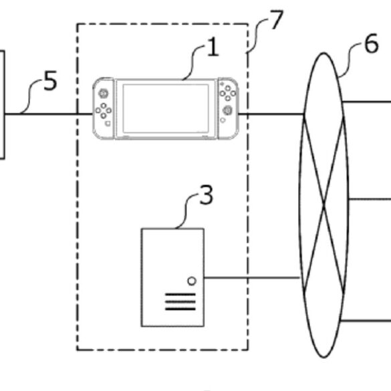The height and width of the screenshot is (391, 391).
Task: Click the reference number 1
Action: (213, 47)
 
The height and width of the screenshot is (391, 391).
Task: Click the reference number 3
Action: (207, 195)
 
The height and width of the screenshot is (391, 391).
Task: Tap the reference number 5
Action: (50, 80)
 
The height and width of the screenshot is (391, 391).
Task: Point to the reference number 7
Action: (277, 19)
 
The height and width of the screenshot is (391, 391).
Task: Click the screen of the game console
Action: (166, 108)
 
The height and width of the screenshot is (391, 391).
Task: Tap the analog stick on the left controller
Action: (103, 94)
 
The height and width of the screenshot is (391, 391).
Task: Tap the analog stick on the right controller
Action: (227, 110)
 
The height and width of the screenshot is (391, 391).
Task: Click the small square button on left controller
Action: (108, 124)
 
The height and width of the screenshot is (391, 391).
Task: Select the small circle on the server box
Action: (192, 281)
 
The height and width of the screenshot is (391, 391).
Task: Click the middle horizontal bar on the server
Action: (180, 301)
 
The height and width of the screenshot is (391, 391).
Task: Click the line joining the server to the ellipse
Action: (251, 277)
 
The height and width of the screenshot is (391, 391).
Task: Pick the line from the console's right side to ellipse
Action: (271, 114)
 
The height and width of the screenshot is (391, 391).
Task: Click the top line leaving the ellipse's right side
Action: (367, 102)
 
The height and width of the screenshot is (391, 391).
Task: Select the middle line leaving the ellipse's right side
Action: (370, 199)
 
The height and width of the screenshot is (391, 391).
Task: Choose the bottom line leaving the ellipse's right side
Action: (366, 320)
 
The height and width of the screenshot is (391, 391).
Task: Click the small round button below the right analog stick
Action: (223, 120)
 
